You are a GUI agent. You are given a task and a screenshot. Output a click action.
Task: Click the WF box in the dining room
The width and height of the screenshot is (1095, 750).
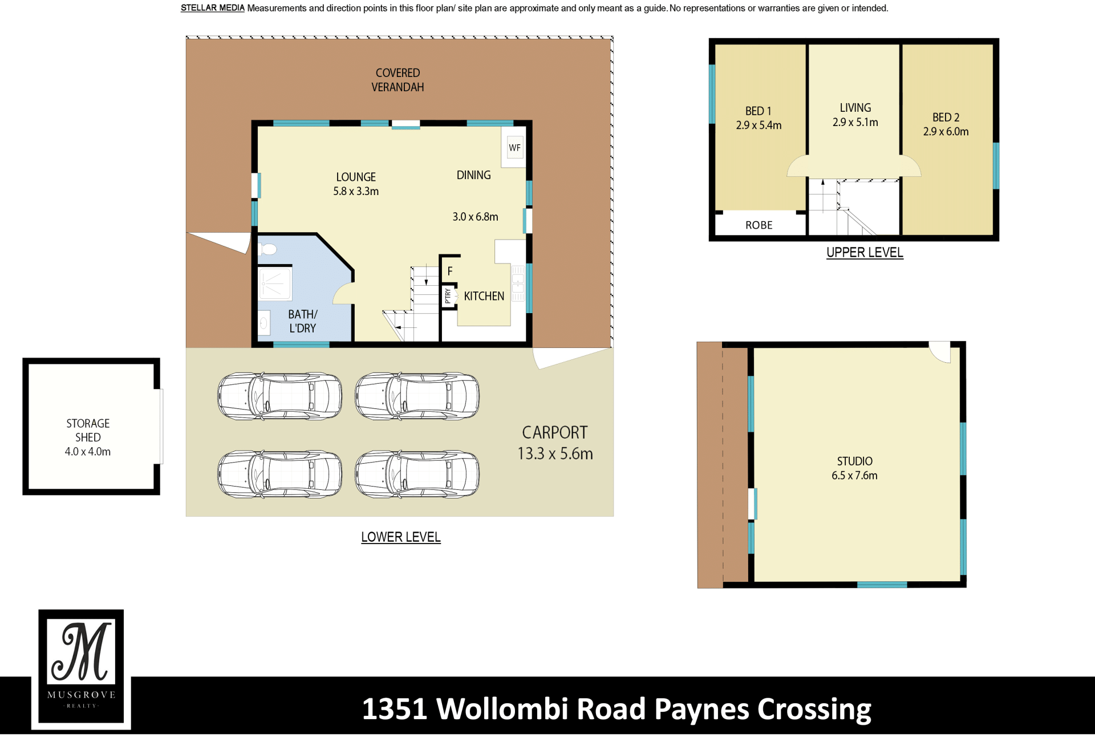[x=514, y=148]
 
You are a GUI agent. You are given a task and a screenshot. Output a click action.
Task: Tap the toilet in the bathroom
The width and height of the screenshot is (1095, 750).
[x=267, y=249]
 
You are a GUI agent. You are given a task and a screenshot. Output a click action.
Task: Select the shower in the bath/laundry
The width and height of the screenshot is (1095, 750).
[x=275, y=283]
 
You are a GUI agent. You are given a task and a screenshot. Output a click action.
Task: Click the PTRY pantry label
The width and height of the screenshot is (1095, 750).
[x=448, y=295]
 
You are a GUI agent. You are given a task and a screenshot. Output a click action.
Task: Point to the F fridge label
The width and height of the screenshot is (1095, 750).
[x=450, y=271]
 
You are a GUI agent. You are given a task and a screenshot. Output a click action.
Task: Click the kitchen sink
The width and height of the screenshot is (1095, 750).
[x=518, y=283]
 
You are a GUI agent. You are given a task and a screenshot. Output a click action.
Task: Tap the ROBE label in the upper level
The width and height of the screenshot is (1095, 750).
[x=759, y=225]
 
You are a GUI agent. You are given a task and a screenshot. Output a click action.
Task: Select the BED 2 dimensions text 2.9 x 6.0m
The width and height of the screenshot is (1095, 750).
[x=946, y=132]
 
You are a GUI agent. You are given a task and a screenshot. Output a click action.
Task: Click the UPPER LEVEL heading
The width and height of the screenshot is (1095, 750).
[x=865, y=253]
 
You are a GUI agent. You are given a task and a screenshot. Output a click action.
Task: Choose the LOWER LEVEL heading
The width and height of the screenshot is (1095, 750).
[x=400, y=537]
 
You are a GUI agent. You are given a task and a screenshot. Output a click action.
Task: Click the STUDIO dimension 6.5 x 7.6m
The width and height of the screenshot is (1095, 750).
[x=854, y=476]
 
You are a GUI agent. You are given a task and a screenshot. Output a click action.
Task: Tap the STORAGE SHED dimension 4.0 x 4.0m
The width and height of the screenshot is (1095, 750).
[x=88, y=452]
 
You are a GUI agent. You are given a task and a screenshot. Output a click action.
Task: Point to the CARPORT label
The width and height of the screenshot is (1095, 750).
[x=554, y=433]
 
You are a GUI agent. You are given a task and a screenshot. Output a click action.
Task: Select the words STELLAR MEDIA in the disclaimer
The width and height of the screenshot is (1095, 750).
[x=212, y=8]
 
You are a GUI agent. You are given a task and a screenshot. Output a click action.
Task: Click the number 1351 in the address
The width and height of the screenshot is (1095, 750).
[x=395, y=709]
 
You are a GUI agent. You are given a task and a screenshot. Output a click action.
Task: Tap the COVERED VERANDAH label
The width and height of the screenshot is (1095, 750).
[x=398, y=80]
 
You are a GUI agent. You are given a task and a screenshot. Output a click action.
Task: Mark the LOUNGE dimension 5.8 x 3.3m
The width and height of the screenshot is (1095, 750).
[x=356, y=192]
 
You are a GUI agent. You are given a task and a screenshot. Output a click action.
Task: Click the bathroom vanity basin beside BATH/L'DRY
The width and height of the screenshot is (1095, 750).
[x=264, y=324]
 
